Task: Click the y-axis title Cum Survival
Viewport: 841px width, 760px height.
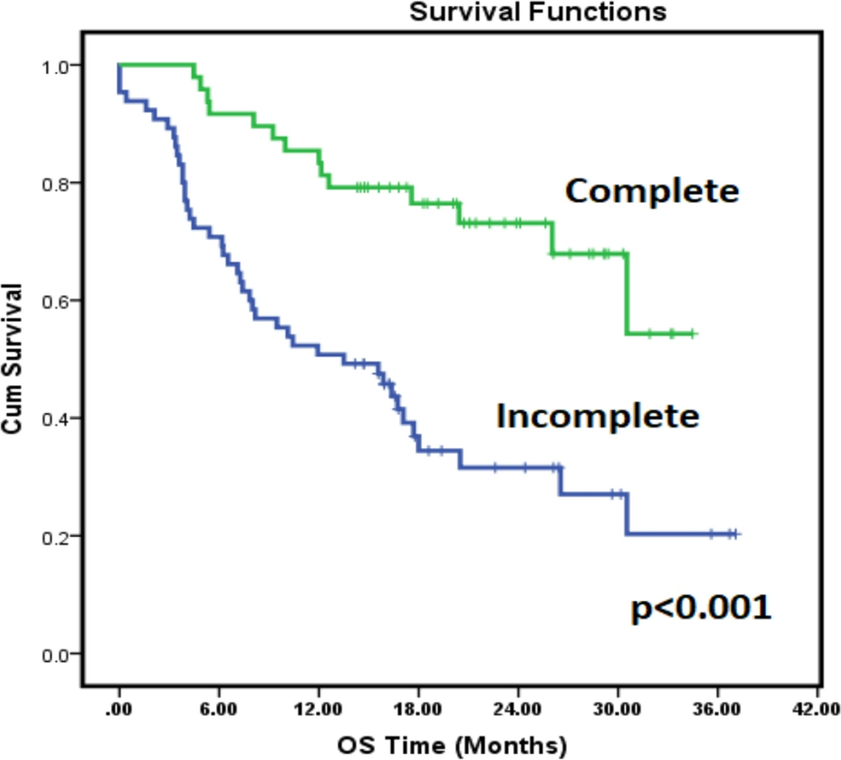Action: click(x=12, y=360)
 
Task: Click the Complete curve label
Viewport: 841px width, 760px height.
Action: click(x=652, y=191)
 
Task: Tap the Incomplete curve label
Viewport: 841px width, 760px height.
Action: click(x=598, y=416)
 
